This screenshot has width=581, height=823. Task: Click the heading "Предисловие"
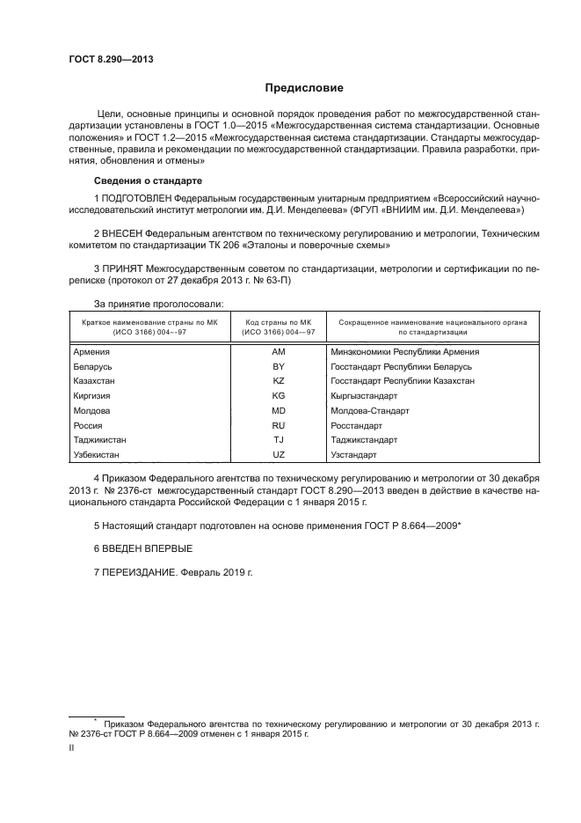[304, 88]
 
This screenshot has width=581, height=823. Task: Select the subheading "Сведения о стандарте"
[137, 180]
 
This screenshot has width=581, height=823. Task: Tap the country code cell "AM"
[279, 351]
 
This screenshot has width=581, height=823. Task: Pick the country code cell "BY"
[279, 366]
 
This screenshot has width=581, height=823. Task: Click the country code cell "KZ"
[279, 381]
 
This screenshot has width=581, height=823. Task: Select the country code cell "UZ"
[279, 455]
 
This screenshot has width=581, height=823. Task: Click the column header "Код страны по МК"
[279, 323]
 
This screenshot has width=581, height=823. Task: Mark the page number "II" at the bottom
[72, 746]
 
